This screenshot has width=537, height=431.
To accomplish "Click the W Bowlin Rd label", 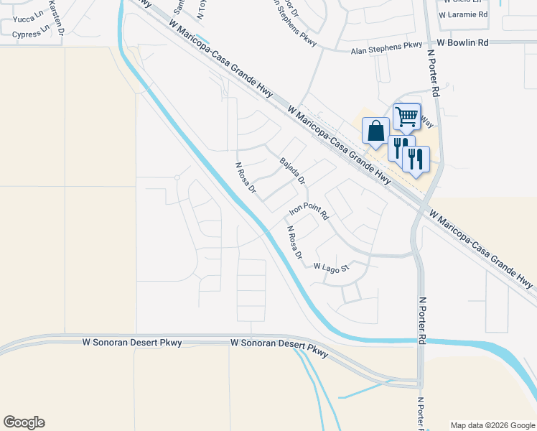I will coord(462,43).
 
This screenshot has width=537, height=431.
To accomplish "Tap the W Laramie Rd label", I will coord(463,14).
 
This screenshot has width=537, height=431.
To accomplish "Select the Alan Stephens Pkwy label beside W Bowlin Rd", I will coord(386,49).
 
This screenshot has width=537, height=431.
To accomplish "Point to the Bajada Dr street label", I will coord(293,170).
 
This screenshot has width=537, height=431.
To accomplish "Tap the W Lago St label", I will coord(331,267).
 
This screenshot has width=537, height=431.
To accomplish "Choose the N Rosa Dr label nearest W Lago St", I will coord(295,243).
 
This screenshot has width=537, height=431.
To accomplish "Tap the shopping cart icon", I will coord(406,116).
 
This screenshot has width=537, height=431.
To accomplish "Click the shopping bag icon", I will coord(375,131).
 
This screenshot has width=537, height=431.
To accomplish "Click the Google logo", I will coord(24,422).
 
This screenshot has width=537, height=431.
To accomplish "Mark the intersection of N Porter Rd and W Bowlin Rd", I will coord(434,43).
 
